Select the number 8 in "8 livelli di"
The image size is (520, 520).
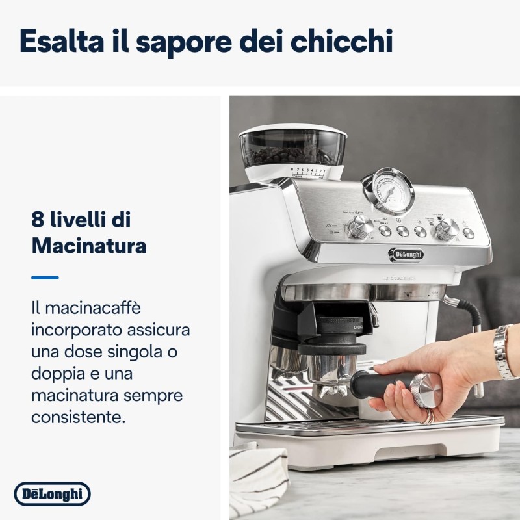click(x=38, y=220)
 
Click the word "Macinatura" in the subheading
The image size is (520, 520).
click(x=88, y=246)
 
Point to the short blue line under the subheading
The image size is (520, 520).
click(x=45, y=278)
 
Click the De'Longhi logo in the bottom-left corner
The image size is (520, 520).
click(x=52, y=494)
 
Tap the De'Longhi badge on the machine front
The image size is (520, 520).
click(x=406, y=254)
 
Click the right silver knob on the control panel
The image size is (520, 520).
click(x=447, y=228)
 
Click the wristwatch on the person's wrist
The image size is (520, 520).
click(x=504, y=351)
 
